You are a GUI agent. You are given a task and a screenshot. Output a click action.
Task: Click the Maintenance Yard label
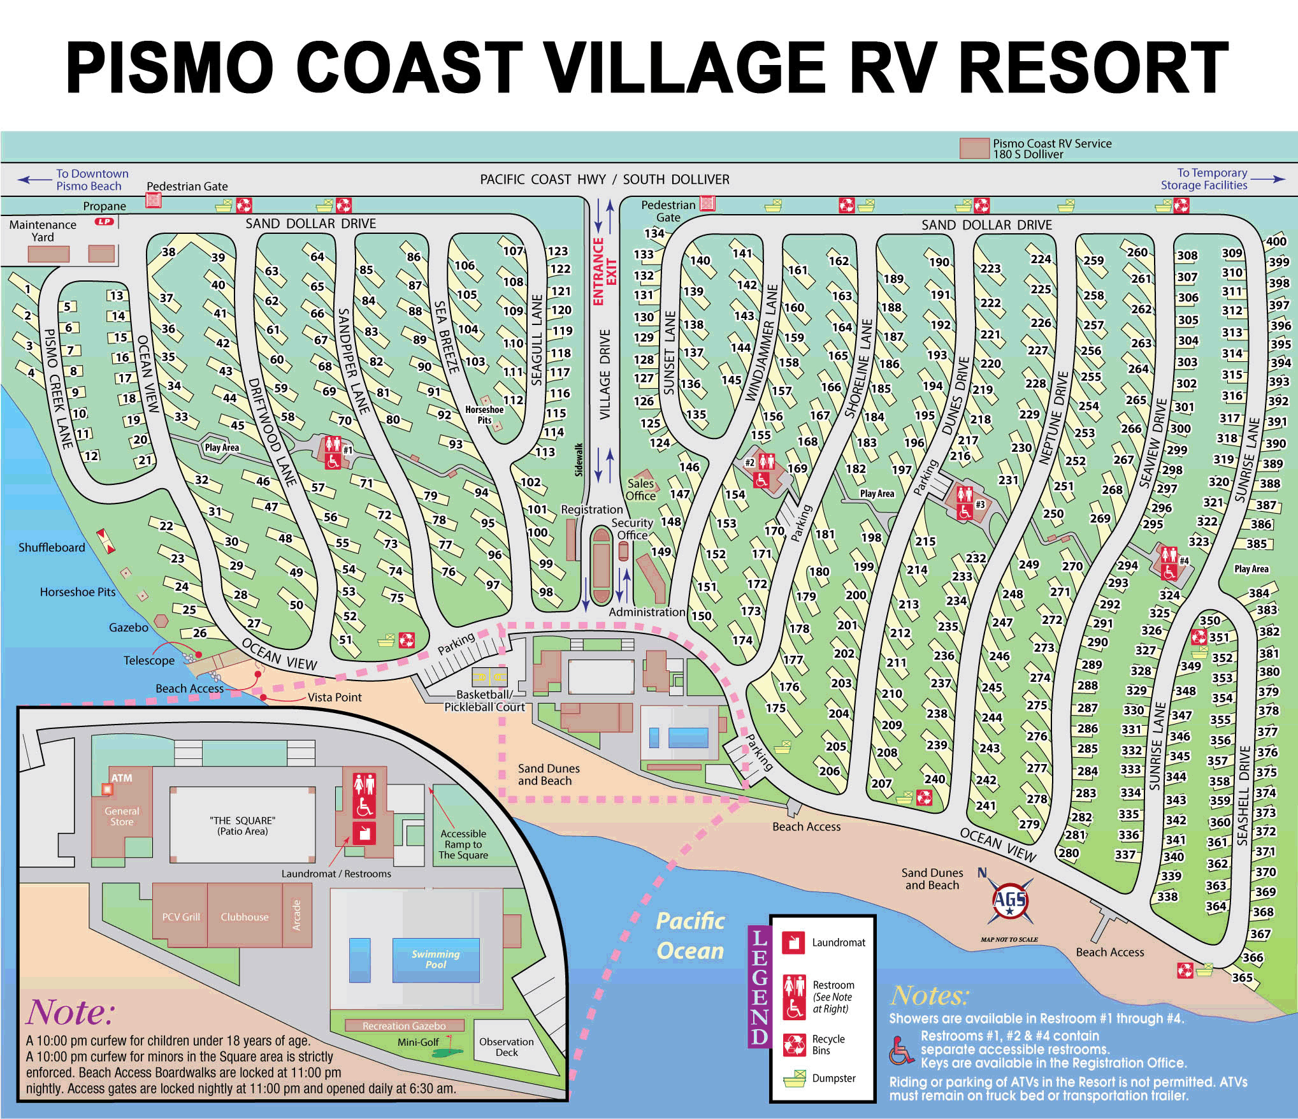tap(43, 231)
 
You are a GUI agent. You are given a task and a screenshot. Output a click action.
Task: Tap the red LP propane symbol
tap(104, 222)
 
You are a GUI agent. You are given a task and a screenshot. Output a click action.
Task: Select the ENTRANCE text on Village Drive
tap(598, 271)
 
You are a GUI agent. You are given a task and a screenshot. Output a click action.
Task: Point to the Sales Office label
tap(640, 489)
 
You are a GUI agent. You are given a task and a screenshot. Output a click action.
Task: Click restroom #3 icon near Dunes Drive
tap(965, 502)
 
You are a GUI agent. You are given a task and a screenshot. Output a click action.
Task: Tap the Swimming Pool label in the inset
tap(435, 959)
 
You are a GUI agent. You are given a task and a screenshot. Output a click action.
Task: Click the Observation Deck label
tap(507, 1047)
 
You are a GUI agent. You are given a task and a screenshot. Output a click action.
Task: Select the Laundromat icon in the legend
tap(794, 942)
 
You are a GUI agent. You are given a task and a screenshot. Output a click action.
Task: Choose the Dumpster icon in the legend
tap(795, 1079)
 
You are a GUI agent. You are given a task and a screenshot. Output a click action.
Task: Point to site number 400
tap(1276, 241)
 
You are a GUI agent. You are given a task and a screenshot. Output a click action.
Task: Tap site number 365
tap(1242, 978)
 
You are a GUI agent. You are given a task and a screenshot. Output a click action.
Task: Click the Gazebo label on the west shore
tap(129, 628)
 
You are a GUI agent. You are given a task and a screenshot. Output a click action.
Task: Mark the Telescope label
tap(149, 661)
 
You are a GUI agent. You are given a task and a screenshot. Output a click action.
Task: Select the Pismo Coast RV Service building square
tap(974, 148)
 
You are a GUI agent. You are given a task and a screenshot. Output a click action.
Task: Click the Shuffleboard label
tap(52, 547)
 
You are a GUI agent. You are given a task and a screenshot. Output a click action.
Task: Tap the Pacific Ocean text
tap(690, 935)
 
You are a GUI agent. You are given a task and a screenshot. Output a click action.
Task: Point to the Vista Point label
tap(335, 697)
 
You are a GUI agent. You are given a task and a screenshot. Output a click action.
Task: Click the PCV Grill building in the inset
tap(181, 917)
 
